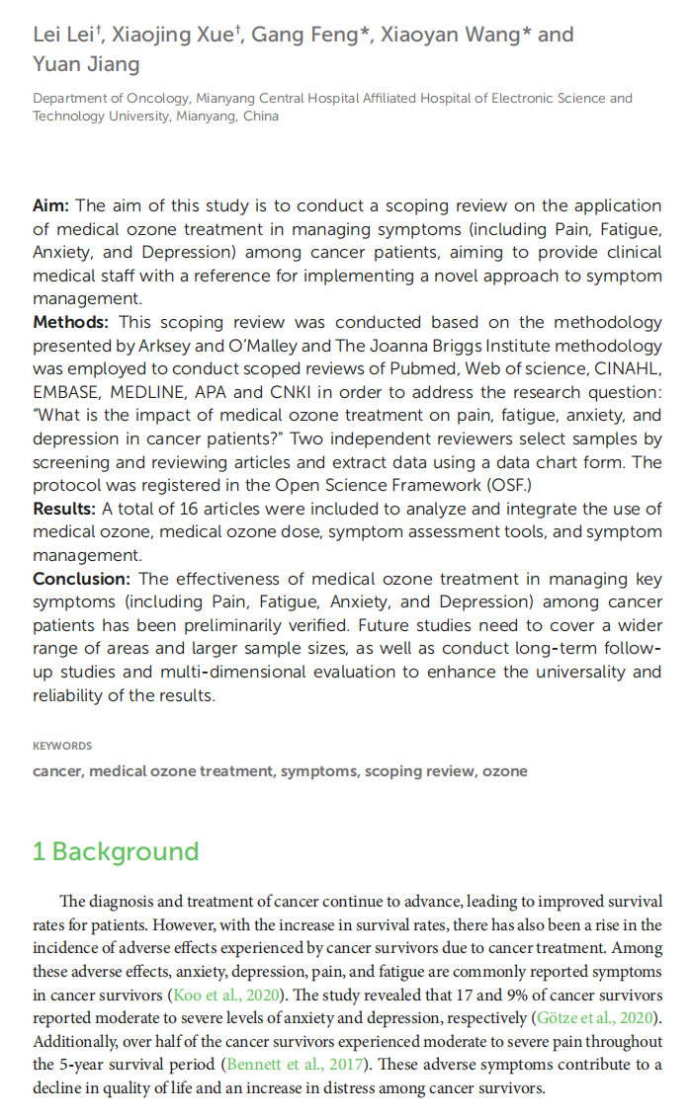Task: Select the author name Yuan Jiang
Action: point(86,65)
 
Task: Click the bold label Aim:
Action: point(51,205)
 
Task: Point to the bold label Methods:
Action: point(72,322)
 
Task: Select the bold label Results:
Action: point(66,509)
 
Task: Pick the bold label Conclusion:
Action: point(83,579)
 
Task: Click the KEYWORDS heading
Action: point(62,746)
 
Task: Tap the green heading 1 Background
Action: point(116,851)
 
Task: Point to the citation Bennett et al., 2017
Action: point(294,1065)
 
